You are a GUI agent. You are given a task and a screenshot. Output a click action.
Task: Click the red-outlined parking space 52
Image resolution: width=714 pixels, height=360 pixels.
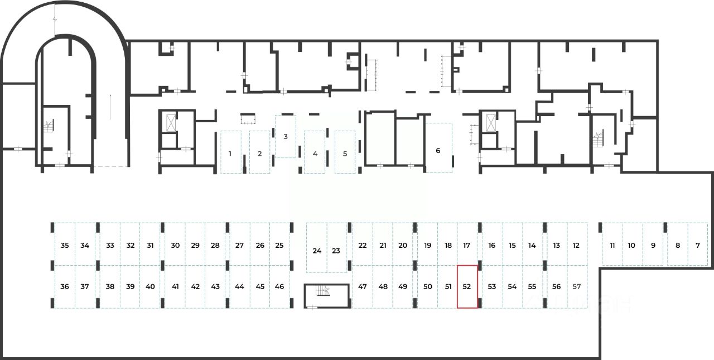click(x=467, y=286)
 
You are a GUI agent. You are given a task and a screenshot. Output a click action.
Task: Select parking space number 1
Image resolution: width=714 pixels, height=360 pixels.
click(x=230, y=152)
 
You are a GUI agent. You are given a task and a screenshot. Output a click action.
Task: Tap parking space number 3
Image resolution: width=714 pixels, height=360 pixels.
click(x=286, y=136)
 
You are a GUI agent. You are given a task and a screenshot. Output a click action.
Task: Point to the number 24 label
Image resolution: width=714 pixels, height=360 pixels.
click(x=317, y=251)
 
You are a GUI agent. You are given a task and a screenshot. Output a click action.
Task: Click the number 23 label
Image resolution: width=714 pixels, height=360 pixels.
click(x=336, y=251)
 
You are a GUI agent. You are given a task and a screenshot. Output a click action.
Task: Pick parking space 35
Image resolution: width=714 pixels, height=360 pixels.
click(x=65, y=245)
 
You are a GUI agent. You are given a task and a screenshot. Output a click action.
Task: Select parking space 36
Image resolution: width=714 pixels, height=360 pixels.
click(x=65, y=286)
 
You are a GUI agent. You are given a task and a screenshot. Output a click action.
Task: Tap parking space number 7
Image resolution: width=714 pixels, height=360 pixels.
click(x=697, y=245)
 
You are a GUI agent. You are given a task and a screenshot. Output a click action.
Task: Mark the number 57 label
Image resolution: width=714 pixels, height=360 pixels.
click(x=577, y=286)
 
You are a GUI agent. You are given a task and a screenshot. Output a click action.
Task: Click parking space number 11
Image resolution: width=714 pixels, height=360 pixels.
click(x=612, y=245)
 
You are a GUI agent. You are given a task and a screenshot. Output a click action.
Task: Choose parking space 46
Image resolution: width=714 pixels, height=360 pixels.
click(x=279, y=286)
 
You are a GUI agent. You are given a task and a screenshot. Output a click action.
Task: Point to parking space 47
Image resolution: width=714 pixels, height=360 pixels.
click(x=363, y=286)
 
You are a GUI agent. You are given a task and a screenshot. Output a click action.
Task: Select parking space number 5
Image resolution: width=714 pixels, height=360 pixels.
click(x=345, y=152)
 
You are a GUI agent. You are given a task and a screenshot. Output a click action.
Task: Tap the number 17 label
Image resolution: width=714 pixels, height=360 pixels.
click(x=467, y=245)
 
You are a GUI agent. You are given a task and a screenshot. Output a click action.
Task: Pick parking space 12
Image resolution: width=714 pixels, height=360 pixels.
click(x=576, y=245)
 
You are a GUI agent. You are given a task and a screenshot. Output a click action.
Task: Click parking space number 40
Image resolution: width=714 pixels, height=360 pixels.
click(x=150, y=286)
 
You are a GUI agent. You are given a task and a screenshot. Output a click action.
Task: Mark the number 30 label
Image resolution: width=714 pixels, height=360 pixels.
click(x=175, y=245)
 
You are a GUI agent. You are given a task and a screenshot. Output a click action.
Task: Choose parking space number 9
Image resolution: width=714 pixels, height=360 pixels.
click(x=653, y=245)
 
